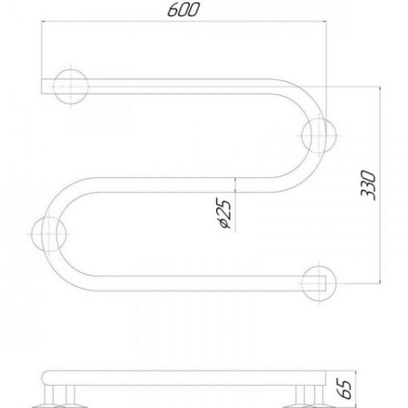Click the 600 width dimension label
(x=183, y=10)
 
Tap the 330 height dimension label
(x=368, y=185)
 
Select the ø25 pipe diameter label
(x=223, y=213)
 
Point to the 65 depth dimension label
(x=345, y=389)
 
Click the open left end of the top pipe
(x=42, y=87)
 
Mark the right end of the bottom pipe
(x=326, y=283)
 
